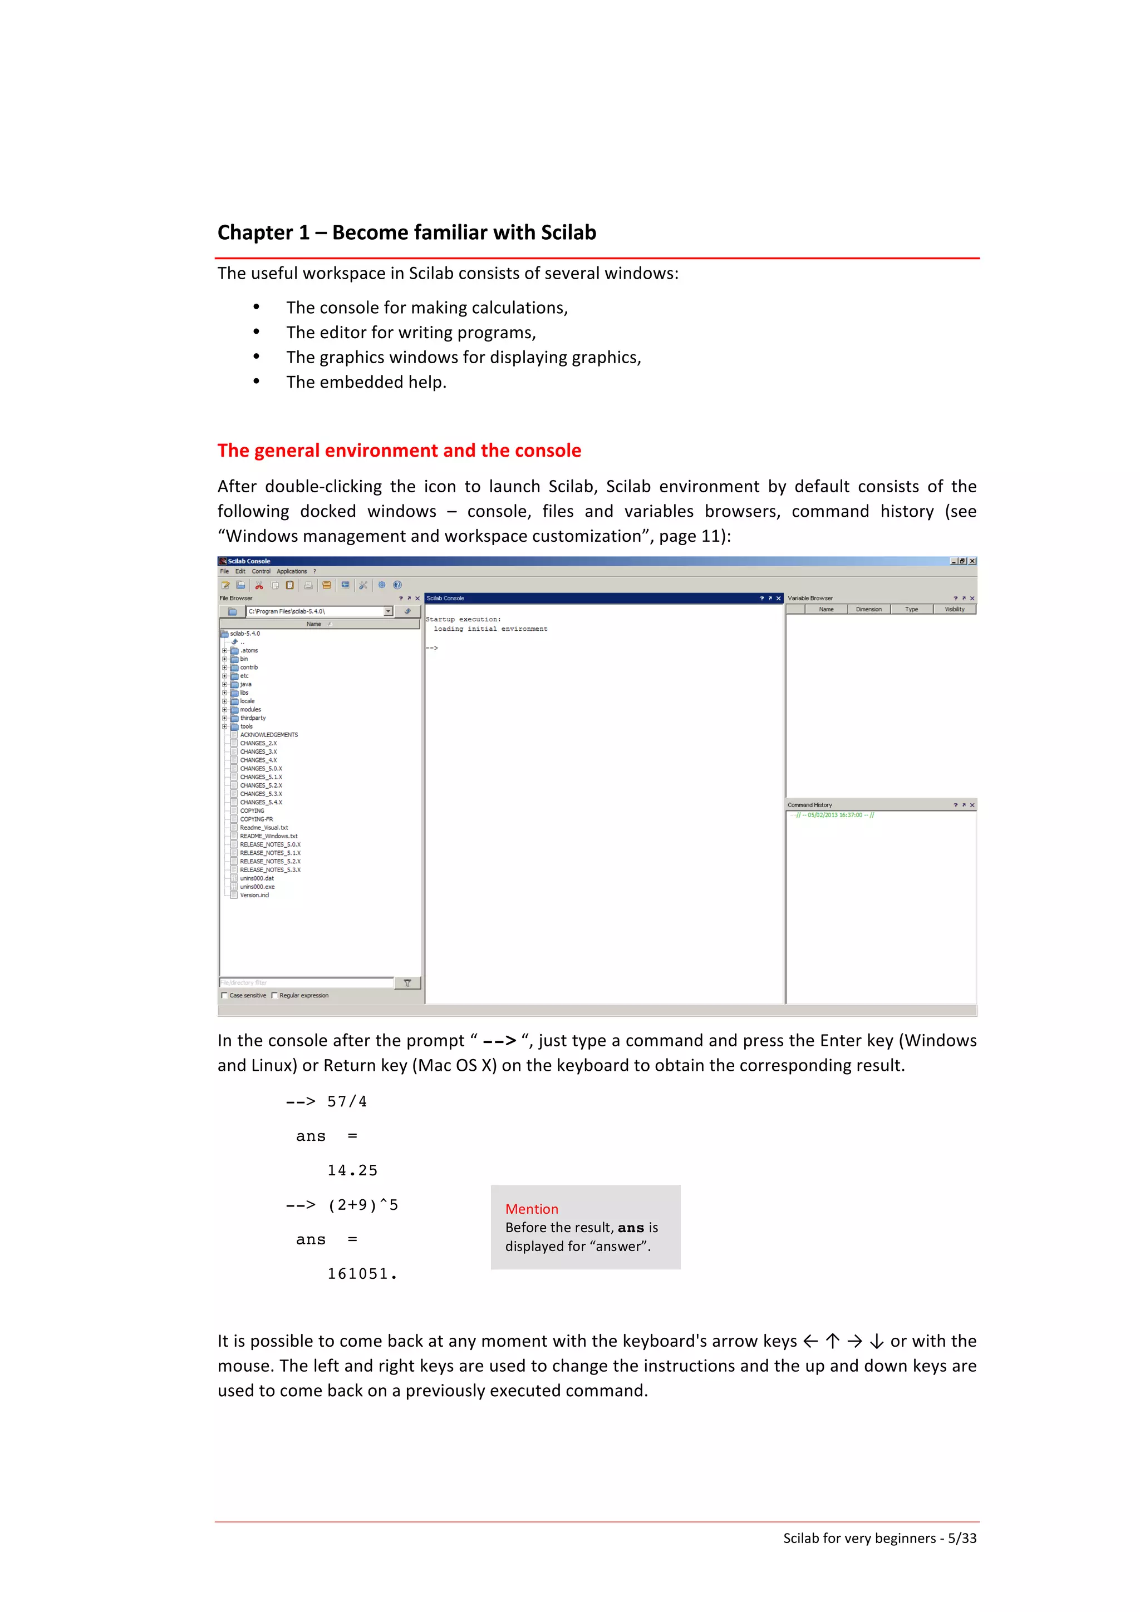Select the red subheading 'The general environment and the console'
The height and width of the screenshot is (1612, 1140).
point(399,450)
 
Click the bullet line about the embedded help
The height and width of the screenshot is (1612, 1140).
point(366,382)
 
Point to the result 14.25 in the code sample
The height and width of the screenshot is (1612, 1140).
point(352,1170)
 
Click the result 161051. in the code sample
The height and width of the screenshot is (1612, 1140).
point(362,1274)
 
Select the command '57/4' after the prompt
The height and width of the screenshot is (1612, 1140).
point(347,1101)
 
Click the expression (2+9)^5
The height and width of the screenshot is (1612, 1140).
point(362,1205)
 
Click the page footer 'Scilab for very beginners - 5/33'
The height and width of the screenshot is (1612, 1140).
point(879,1537)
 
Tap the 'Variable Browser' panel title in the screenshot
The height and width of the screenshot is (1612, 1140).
point(810,598)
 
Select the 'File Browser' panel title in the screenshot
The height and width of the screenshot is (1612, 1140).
point(235,598)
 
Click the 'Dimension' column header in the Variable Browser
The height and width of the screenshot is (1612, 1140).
point(868,610)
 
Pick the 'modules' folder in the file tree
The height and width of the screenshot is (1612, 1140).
point(250,709)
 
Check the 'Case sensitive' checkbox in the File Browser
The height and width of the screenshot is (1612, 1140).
point(224,995)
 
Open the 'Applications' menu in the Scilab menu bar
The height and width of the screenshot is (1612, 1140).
point(292,571)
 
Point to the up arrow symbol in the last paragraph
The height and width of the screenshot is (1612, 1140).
point(832,1341)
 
